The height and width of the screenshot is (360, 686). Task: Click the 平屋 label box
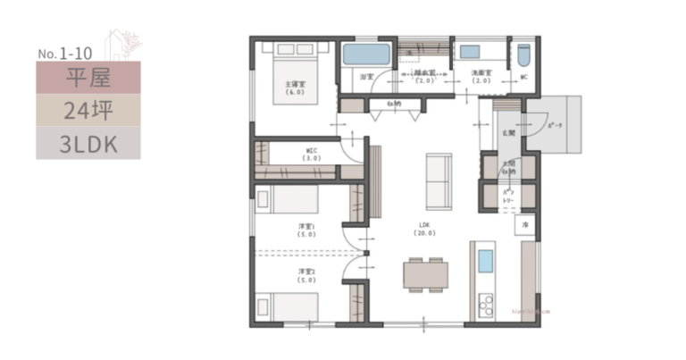[x=88, y=79]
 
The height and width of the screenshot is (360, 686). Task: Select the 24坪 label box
[x=88, y=111]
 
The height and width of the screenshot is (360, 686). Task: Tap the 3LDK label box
[x=88, y=142]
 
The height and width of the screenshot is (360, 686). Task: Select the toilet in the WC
[x=523, y=56]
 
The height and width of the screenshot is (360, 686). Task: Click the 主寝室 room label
[x=296, y=88]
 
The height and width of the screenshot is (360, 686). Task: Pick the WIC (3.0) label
[x=312, y=153]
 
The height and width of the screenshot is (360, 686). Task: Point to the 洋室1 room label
[x=306, y=230]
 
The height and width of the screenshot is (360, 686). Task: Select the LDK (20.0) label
[x=423, y=228]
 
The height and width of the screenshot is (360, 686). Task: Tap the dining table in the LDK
[x=424, y=273]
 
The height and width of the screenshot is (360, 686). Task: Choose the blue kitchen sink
[x=484, y=262]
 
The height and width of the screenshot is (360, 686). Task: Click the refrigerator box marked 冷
[x=526, y=223]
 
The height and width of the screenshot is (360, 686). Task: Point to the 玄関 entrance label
[x=507, y=132]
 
